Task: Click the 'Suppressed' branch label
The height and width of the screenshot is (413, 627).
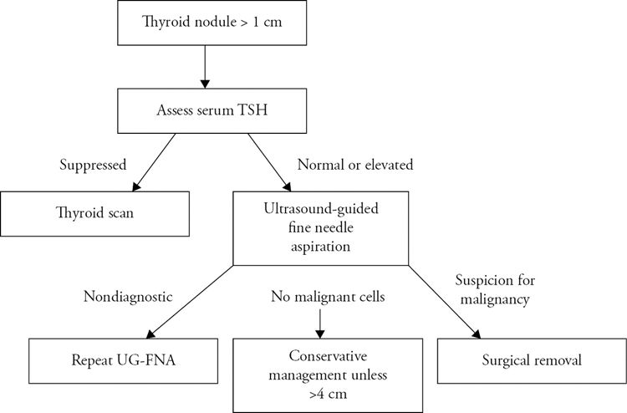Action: pyautogui.click(x=93, y=165)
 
